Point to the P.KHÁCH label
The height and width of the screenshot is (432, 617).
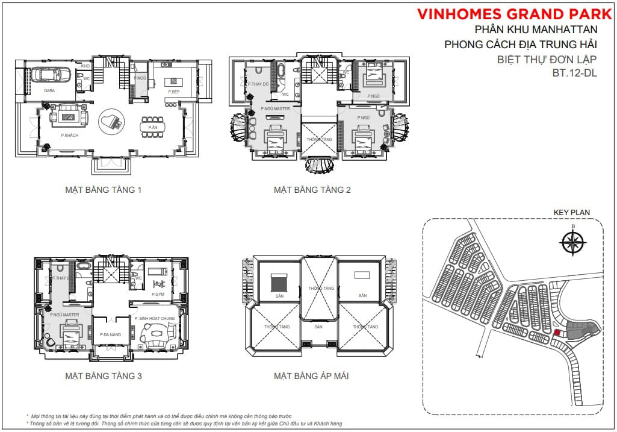(69, 135)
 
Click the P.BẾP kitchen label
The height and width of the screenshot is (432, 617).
(174, 92)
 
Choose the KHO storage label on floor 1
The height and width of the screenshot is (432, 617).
(85, 66)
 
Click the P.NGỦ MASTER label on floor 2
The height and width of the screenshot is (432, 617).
(276, 109)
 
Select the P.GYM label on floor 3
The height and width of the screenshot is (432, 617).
(158, 294)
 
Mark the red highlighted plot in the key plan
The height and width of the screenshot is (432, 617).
(557, 332)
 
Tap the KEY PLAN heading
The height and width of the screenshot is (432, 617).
(571, 212)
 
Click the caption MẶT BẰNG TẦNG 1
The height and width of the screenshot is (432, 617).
(103, 190)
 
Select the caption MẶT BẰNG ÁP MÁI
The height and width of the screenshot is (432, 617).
(311, 376)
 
